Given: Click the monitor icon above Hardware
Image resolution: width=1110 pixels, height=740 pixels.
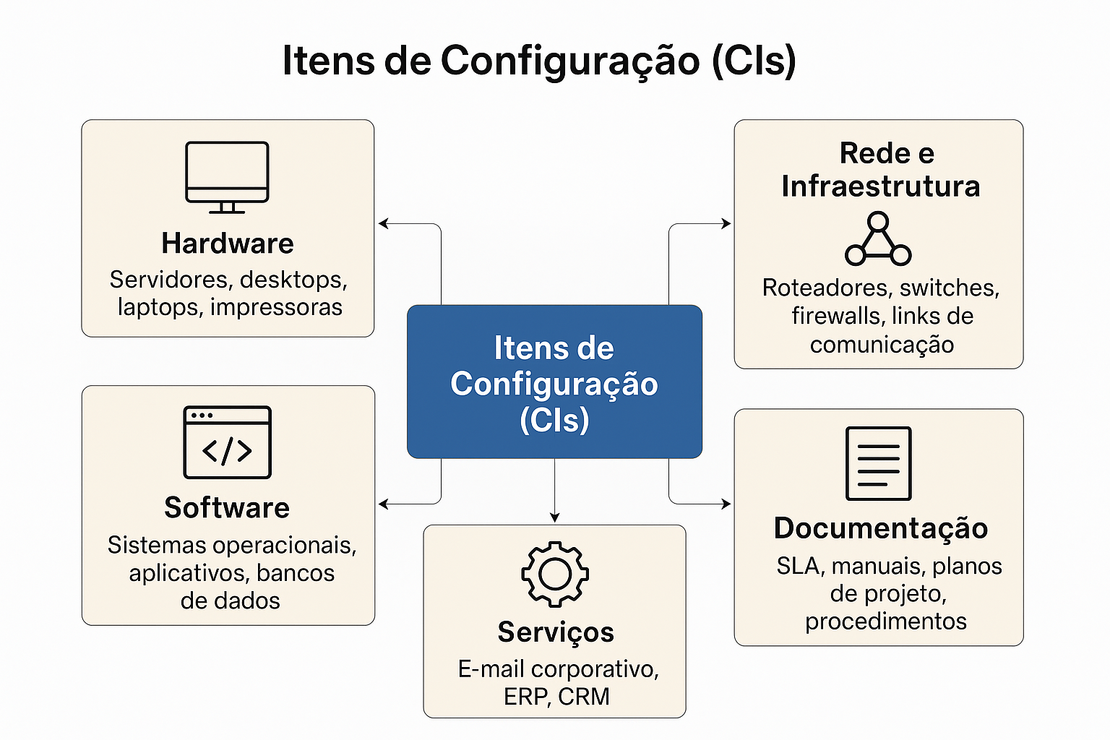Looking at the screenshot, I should coord(227,176).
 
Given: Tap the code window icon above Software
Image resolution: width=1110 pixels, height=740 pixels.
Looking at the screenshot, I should coord(227,442).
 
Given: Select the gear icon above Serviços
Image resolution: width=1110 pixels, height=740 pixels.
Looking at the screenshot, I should coord(555,574).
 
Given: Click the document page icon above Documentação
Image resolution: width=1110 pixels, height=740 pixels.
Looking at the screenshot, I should coord(878,463).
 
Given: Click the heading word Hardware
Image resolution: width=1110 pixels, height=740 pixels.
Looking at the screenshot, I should coord(228,244).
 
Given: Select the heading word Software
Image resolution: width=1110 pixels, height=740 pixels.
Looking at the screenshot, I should coord(227,508).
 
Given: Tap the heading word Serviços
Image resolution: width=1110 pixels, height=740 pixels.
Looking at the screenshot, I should coord(556,632).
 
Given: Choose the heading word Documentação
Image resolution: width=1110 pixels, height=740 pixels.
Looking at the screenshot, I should coord(881,528).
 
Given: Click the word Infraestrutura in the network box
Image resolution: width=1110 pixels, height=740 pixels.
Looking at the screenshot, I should coord(881,186).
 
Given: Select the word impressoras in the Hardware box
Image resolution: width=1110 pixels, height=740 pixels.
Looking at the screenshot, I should coord(276,307).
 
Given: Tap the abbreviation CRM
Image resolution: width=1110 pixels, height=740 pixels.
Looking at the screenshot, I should coord(584,697).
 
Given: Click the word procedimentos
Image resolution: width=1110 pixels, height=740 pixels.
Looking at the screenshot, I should coord(886,621).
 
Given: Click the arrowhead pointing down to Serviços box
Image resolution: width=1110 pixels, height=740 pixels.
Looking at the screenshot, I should coord(554,517).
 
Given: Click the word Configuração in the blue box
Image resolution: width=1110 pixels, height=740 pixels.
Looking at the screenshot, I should coord(554,384).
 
